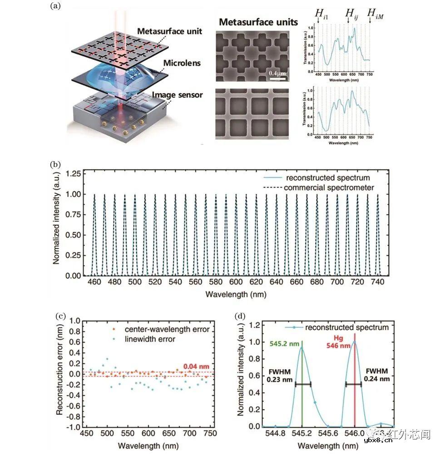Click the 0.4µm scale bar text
(276, 73)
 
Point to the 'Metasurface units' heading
(258, 22)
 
